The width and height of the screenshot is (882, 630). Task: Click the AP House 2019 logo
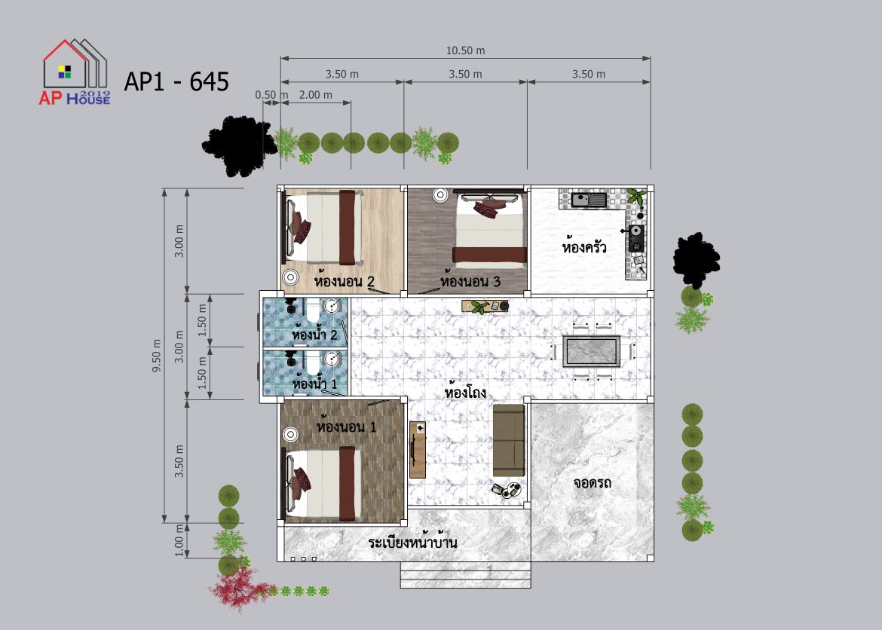[75, 72]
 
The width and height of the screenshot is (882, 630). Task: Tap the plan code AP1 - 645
[176, 81]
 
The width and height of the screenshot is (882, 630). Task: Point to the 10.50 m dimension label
[465, 50]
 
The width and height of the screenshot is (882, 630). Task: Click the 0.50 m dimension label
[271, 95]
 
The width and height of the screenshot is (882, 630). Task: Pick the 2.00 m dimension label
[316, 95]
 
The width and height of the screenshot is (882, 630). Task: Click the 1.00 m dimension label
[179, 541]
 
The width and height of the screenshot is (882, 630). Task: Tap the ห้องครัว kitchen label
[584, 246]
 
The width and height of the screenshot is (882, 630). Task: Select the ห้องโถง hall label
[465, 391]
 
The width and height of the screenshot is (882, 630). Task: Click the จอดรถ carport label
[593, 482]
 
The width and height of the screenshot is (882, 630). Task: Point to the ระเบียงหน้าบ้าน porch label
[412, 543]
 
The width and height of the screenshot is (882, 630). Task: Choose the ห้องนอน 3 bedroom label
[470, 280]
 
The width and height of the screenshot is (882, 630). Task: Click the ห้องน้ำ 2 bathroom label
[314, 334]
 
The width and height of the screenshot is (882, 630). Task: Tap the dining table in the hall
[593, 352]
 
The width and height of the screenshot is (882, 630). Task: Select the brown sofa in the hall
[509, 440]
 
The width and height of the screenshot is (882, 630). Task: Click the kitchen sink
[589, 199]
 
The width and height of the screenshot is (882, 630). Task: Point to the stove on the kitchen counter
[636, 238]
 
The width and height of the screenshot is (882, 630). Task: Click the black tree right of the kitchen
[697, 258]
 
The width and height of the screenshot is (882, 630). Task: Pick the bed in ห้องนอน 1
[323, 484]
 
